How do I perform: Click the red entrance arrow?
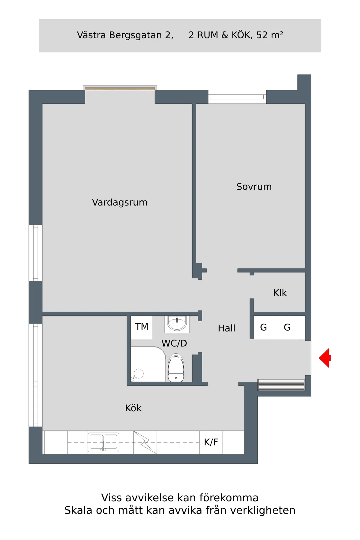click(x=325, y=358)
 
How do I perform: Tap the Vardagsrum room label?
click(x=120, y=202)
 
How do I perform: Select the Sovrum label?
click(x=254, y=187)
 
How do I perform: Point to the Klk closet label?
click(x=280, y=293)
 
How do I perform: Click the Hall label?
click(x=226, y=328)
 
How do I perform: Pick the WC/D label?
click(x=174, y=343)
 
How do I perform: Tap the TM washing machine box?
click(x=142, y=327)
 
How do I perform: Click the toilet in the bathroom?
click(x=176, y=368)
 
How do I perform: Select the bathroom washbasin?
click(x=177, y=323)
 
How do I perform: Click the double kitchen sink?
click(x=103, y=442)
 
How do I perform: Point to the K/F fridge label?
click(x=211, y=442)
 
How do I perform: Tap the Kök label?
click(x=133, y=408)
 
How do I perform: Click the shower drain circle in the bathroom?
click(x=138, y=373)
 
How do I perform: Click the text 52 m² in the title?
click(x=270, y=35)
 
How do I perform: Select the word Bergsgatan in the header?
click(x=135, y=35)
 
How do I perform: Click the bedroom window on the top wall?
click(x=237, y=97)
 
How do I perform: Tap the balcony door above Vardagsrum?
click(x=120, y=88)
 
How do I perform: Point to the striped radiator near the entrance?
click(x=281, y=385)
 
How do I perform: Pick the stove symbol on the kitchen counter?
click(x=145, y=442)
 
